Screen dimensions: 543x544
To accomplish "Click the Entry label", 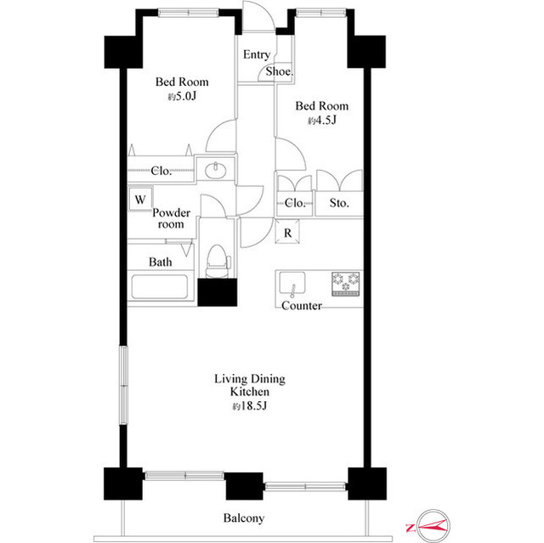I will (257, 54).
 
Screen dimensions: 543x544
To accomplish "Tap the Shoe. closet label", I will (279, 72).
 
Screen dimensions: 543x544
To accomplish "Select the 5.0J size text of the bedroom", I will (181, 98).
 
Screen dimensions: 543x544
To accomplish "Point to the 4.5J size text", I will (321, 122).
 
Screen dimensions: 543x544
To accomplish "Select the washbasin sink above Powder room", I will (215, 170).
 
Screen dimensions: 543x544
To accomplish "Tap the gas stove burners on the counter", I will (346, 283).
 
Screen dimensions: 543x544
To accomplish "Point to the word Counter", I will (301, 306).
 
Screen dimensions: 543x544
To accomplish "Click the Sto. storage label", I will (339, 203).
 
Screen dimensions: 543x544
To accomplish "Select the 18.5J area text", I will (250, 407).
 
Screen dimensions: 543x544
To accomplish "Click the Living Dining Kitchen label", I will (250, 386).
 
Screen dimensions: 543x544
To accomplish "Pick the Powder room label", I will (171, 218).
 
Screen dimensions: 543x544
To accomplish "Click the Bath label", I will (161, 263).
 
